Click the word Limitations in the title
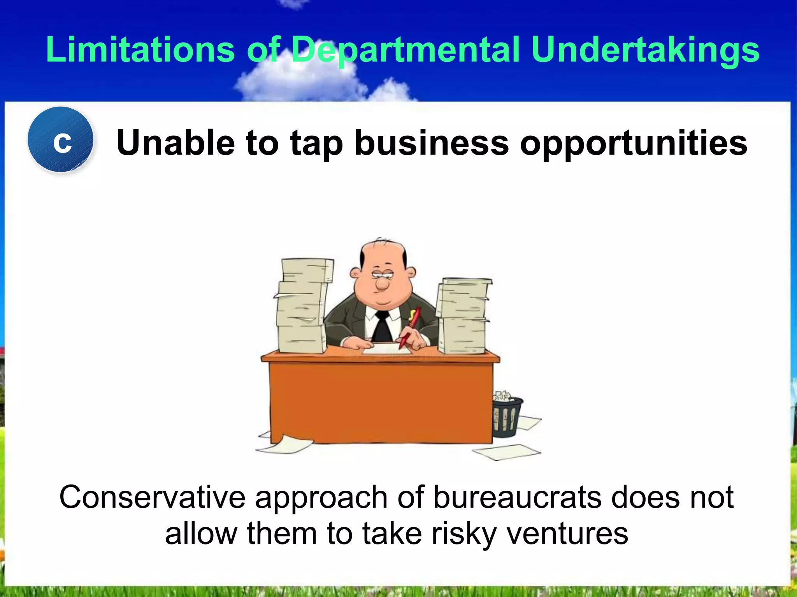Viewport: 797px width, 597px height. (140, 49)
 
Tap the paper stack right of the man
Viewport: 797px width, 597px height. (463, 315)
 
